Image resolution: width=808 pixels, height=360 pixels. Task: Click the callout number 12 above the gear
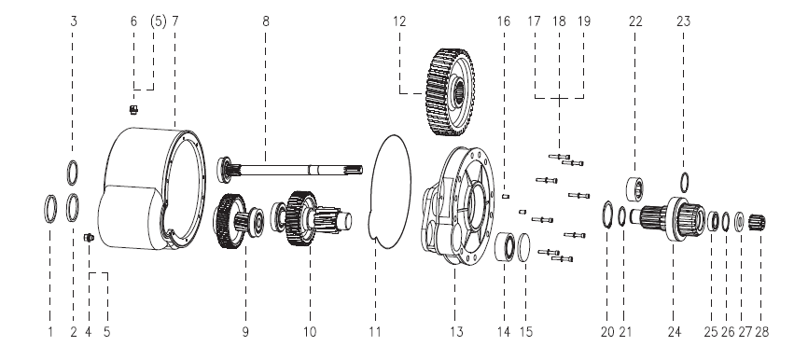[x=398, y=21]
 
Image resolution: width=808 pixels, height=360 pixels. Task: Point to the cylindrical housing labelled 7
[x=151, y=188]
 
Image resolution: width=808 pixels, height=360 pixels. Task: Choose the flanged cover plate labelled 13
[x=457, y=205]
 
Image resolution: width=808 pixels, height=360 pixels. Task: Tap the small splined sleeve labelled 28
[x=757, y=223]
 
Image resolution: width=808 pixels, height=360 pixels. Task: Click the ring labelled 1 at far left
[x=50, y=209]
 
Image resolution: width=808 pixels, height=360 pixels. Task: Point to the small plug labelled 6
[x=133, y=109]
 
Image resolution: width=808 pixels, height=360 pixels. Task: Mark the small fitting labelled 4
[x=88, y=238]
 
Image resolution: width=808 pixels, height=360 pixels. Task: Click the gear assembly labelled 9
[x=239, y=221]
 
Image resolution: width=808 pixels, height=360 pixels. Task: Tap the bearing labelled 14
[x=505, y=246]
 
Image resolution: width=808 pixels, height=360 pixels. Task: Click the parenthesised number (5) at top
[x=159, y=21]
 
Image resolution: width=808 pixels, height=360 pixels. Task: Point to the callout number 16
[x=504, y=21]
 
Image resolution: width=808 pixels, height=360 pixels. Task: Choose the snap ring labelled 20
[x=607, y=215]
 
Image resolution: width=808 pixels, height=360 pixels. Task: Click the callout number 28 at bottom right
[x=761, y=332]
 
